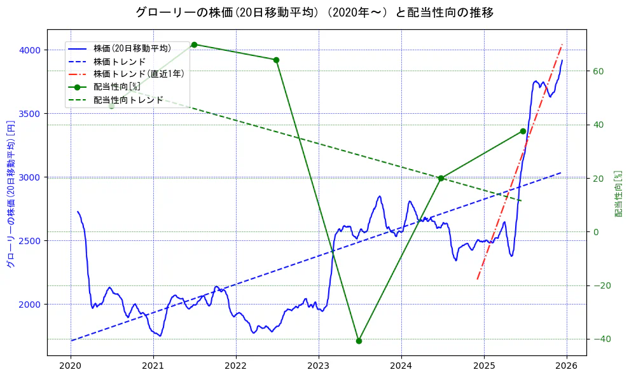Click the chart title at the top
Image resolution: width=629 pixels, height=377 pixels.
[x=314, y=13]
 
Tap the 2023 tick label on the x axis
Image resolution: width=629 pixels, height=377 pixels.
[x=318, y=366]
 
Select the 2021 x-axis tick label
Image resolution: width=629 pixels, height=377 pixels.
[x=153, y=366]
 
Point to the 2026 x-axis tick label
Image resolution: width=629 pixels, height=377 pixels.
[x=566, y=366]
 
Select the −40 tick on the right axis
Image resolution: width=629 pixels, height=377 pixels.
[x=602, y=339]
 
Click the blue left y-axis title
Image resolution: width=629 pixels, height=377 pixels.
[x=10, y=194]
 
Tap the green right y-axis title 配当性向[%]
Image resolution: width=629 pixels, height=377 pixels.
[x=618, y=194]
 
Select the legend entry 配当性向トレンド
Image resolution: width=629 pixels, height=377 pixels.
[x=128, y=100]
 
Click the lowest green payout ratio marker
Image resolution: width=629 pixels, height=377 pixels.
[x=359, y=341]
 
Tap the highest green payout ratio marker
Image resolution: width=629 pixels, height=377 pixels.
[x=194, y=45]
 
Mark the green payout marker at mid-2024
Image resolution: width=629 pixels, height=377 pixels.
[x=441, y=178]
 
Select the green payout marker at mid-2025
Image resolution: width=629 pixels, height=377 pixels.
[x=523, y=131]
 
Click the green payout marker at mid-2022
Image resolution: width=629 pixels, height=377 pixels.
[x=276, y=60]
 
